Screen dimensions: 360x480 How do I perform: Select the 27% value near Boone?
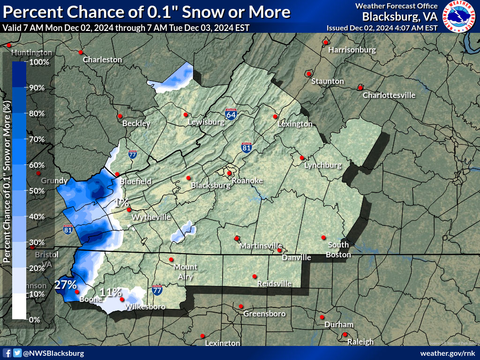[65, 285]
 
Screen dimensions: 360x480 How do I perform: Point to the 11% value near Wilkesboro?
[111, 292]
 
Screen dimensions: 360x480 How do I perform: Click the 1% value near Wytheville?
[122, 203]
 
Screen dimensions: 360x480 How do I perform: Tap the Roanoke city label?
[247, 181]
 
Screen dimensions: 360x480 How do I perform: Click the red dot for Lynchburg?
[302, 158]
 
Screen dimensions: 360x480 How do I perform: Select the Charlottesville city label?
[389, 95]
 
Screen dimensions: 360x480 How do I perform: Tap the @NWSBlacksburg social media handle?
[53, 353]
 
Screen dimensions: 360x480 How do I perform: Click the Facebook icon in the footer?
[7, 353]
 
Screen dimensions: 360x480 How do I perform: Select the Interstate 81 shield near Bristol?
[67, 229]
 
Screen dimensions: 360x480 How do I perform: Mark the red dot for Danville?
[279, 250]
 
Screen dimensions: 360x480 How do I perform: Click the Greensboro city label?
[264, 314]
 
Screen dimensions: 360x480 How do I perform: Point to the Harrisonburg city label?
[352, 50]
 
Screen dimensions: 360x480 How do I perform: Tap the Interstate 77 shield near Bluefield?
[132, 154]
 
